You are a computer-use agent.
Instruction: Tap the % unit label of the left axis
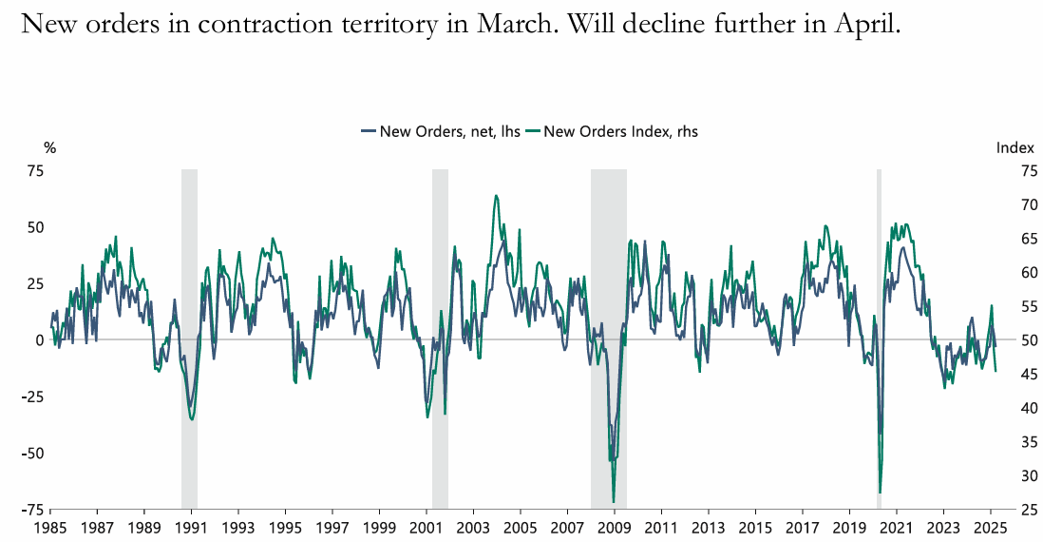(x=50, y=147)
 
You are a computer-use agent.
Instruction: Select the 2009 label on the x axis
(x=615, y=527)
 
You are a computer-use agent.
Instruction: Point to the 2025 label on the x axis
(x=990, y=527)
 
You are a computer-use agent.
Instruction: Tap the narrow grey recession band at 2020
(x=879, y=285)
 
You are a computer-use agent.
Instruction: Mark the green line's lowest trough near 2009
(x=614, y=501)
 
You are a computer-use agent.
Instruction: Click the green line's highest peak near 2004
(x=496, y=196)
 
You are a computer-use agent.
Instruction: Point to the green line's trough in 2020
(x=881, y=492)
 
